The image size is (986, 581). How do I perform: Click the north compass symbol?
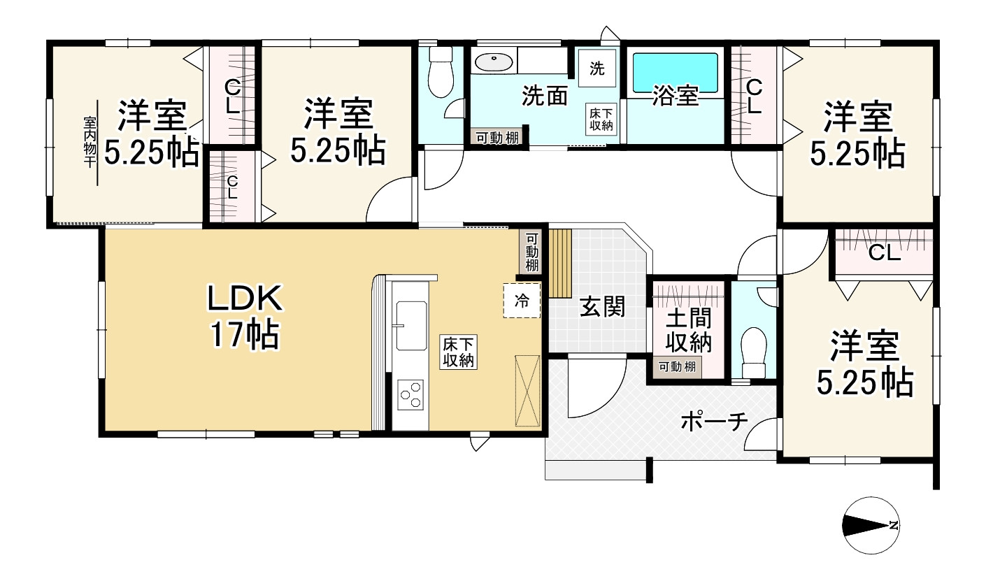point(871,525)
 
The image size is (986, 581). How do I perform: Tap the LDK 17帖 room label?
point(245,316)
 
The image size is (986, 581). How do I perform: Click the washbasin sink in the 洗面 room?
point(494,62)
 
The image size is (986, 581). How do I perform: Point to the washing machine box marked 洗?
point(597,69)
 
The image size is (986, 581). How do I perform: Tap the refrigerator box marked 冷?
point(522,301)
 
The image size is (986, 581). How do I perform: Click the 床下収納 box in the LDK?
point(458,352)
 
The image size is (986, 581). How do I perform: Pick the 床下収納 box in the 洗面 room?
point(601,120)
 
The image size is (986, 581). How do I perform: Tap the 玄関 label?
point(602,307)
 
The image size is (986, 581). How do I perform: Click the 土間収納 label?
point(688,330)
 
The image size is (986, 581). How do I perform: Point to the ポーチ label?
point(714,422)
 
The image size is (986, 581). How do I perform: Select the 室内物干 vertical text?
point(90,142)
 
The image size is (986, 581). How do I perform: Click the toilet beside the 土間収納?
point(754,352)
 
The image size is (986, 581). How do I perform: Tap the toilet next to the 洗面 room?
point(441,73)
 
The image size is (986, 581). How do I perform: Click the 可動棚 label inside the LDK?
point(531,252)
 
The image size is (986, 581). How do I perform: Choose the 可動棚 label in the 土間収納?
point(677,366)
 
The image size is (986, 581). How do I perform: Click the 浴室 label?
point(676,96)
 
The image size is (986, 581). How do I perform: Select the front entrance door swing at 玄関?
point(596,387)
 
